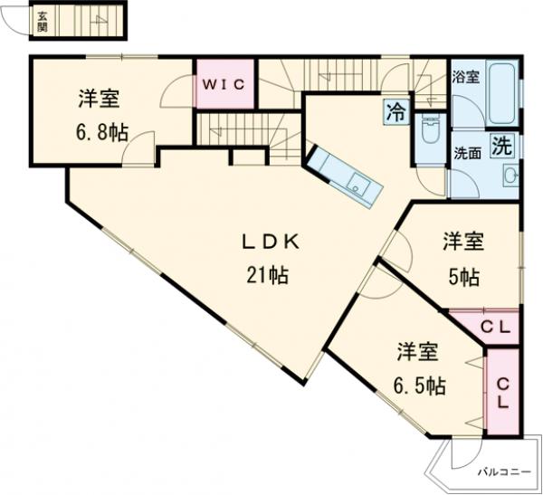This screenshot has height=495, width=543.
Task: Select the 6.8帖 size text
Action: (100, 132)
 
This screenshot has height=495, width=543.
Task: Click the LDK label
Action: (269, 242)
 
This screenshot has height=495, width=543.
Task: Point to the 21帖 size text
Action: (268, 276)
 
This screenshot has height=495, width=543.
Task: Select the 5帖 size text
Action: (462, 276)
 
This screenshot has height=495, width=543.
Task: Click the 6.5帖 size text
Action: (417, 385)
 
